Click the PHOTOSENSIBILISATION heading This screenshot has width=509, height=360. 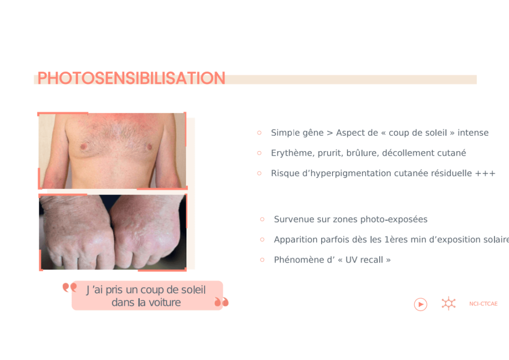coord(131,78)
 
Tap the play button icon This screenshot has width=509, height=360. coord(421,304)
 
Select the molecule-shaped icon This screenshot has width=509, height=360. coord(448,304)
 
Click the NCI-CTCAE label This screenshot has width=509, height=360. coord(483,304)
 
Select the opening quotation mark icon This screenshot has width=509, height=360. coord(70,287)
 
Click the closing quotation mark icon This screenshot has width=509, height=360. coord(222,302)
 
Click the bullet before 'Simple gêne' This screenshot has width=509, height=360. coord(259,133)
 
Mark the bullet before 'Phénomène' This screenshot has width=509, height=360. coord(262,260)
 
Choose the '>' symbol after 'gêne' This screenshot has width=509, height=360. coord(330,133)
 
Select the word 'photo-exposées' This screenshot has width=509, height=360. coord(394,219)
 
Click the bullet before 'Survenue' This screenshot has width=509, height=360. coord(262,219)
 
